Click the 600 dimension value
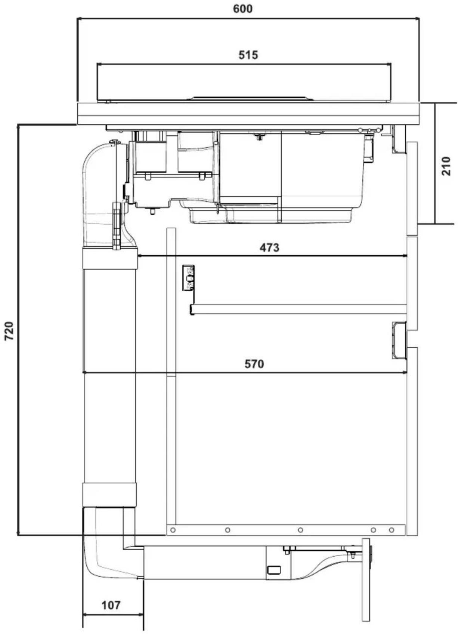(x=243, y=9)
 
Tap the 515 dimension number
(x=248, y=55)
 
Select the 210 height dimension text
(x=446, y=166)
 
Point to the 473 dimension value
(x=269, y=247)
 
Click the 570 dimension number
(x=254, y=364)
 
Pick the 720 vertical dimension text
(x=10, y=331)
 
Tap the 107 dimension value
(x=111, y=605)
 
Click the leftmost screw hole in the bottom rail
(x=173, y=530)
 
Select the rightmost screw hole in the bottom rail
(x=392, y=530)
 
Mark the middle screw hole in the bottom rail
(x=300, y=530)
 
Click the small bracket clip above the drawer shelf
(x=188, y=278)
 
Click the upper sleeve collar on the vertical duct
(x=110, y=258)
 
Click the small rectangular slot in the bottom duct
(x=275, y=570)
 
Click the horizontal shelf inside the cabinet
(x=299, y=309)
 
